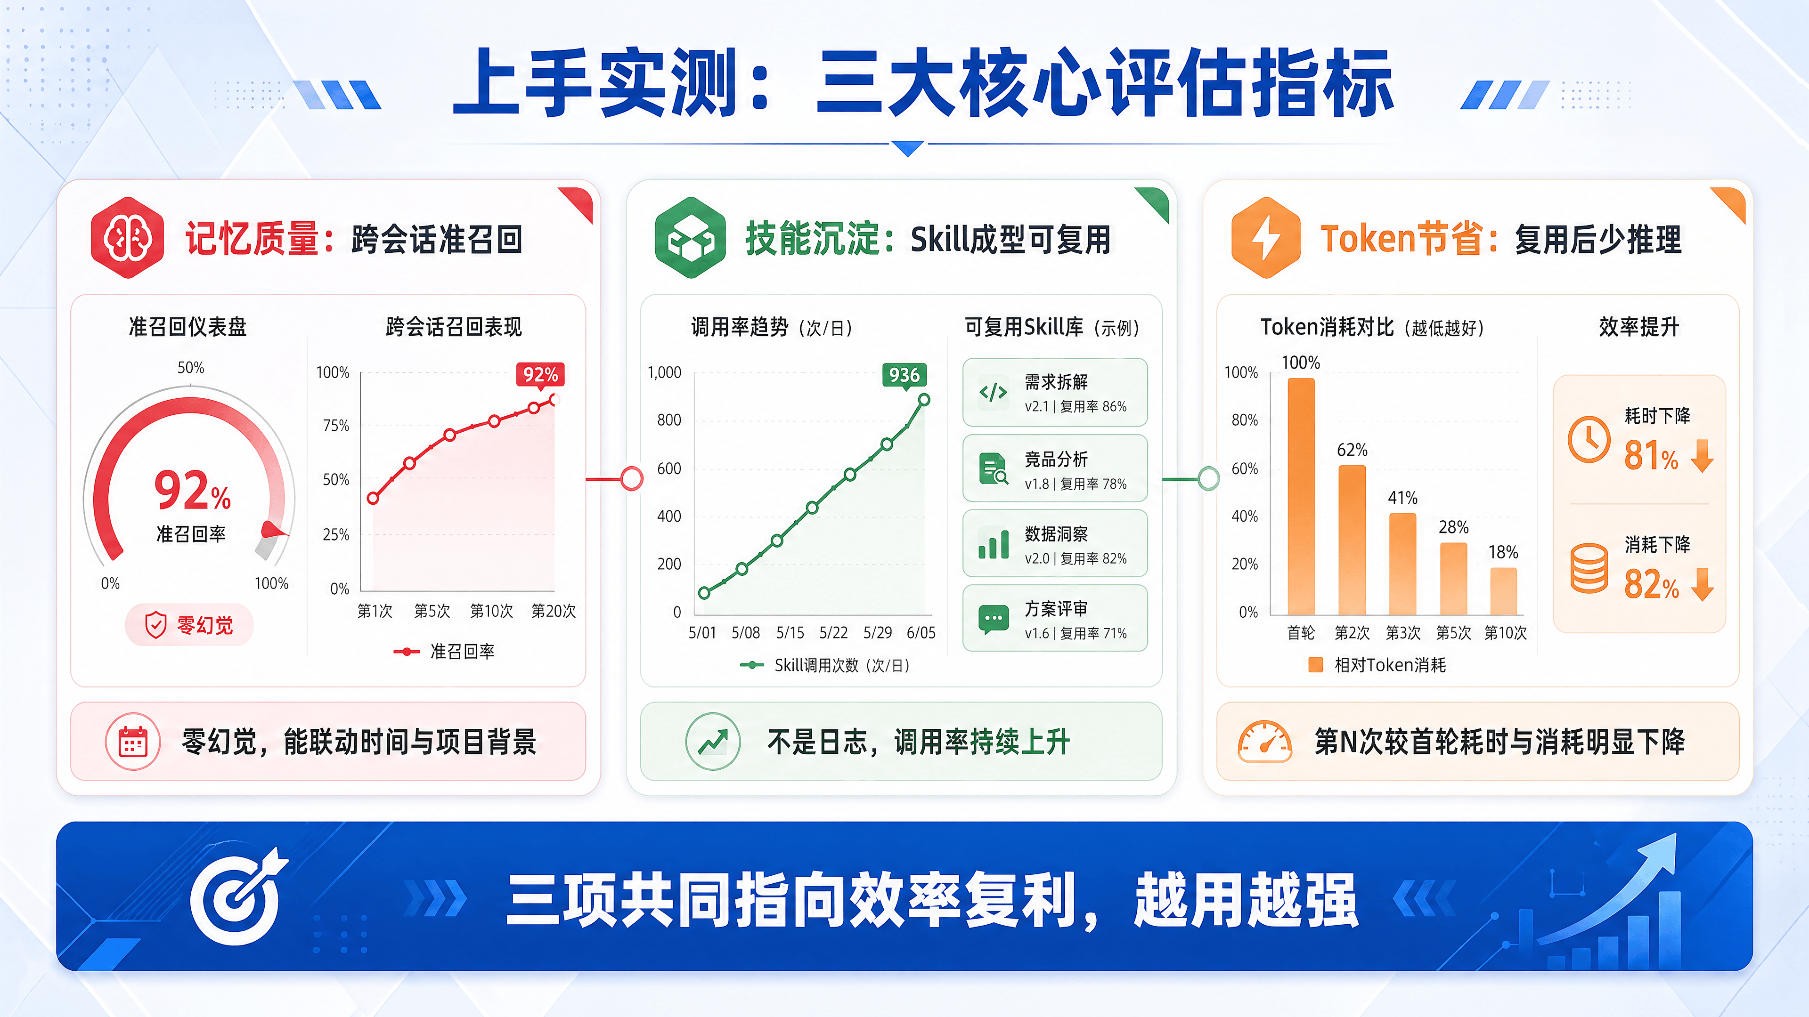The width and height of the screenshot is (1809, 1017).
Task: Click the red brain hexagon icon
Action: tap(127, 238)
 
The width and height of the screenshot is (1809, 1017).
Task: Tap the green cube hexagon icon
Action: tap(690, 238)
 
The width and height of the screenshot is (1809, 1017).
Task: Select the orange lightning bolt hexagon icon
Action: tap(1266, 238)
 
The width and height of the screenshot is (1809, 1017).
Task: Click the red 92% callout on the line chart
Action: tap(540, 375)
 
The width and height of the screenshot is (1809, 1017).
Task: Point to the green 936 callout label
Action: tap(904, 375)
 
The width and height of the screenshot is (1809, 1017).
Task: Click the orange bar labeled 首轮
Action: tap(1301, 496)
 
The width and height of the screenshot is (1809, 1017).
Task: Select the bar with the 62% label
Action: tap(1353, 540)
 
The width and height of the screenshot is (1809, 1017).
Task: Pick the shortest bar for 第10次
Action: tap(1504, 591)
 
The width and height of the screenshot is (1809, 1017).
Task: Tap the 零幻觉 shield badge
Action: tap(189, 625)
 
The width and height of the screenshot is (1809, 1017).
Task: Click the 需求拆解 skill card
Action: tap(1055, 392)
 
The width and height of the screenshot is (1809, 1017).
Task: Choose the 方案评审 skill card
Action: tap(1055, 618)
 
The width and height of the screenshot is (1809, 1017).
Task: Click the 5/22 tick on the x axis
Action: tap(833, 632)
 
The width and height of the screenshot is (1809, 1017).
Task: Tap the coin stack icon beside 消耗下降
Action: tap(1589, 568)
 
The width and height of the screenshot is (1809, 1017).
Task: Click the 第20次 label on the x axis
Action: tap(554, 611)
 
